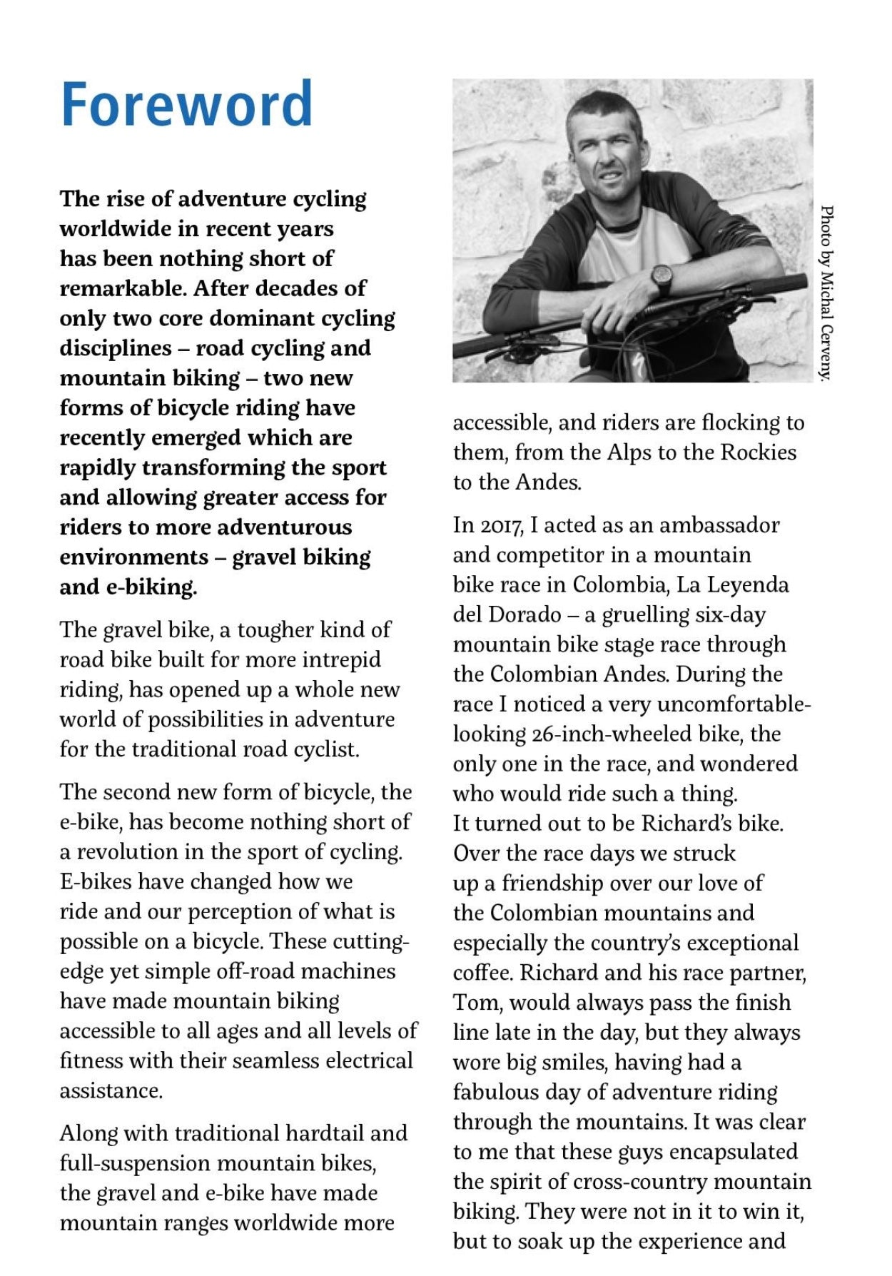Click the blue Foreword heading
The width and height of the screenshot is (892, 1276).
coord(186,105)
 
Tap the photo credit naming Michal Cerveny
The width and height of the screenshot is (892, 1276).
coord(826,293)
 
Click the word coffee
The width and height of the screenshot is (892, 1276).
coord(482,973)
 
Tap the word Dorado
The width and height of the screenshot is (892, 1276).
coord(527,614)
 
